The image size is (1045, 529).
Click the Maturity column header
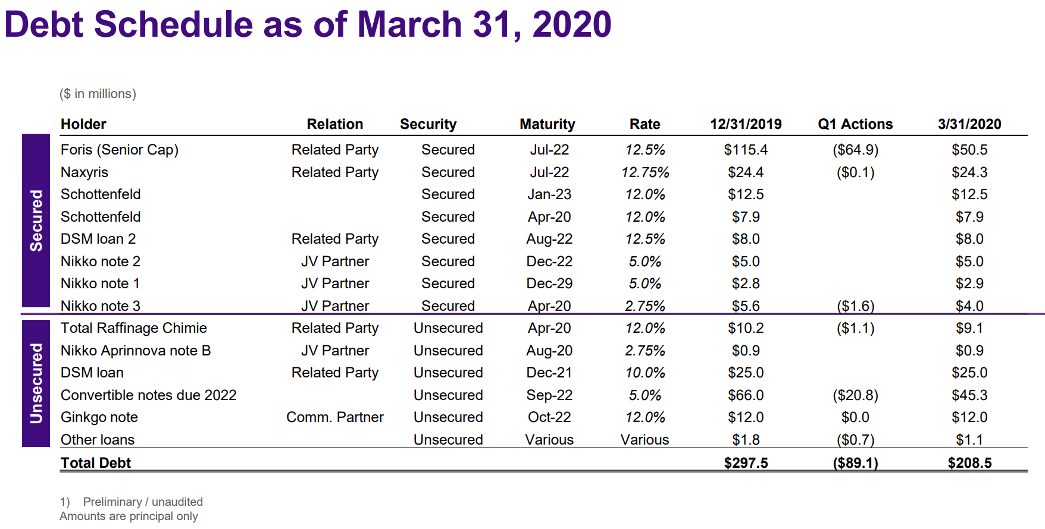click(547, 124)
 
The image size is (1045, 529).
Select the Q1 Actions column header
click(855, 124)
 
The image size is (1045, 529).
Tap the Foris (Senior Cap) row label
click(119, 150)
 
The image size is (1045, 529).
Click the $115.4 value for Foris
click(745, 150)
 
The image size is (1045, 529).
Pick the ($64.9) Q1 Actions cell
click(855, 150)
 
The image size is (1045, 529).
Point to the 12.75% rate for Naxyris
click(644, 172)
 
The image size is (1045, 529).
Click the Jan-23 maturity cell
click(549, 194)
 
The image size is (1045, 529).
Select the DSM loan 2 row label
click(98, 239)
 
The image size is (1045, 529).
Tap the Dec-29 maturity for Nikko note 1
click(549, 284)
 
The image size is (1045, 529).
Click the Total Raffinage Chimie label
click(133, 328)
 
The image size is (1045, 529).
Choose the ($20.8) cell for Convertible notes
click(855, 395)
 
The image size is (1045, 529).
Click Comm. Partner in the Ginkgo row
click(334, 417)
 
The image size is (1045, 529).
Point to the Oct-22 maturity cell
click(549, 417)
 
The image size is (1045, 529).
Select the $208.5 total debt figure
click(969, 463)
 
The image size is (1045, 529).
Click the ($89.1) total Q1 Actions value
click(855, 463)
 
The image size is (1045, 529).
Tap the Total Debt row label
click(95, 463)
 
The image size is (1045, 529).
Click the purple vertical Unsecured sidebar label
click(36, 383)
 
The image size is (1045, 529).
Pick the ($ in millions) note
click(98, 94)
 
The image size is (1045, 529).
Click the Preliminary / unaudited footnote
click(142, 502)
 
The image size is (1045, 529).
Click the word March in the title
click(409, 25)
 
